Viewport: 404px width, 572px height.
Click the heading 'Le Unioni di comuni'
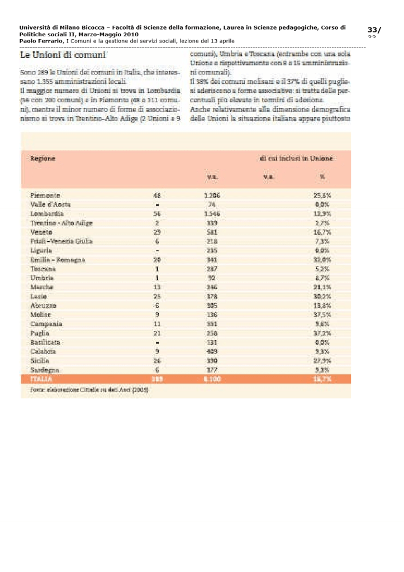pos(63,56)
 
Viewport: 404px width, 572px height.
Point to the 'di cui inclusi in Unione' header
pos(296,159)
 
